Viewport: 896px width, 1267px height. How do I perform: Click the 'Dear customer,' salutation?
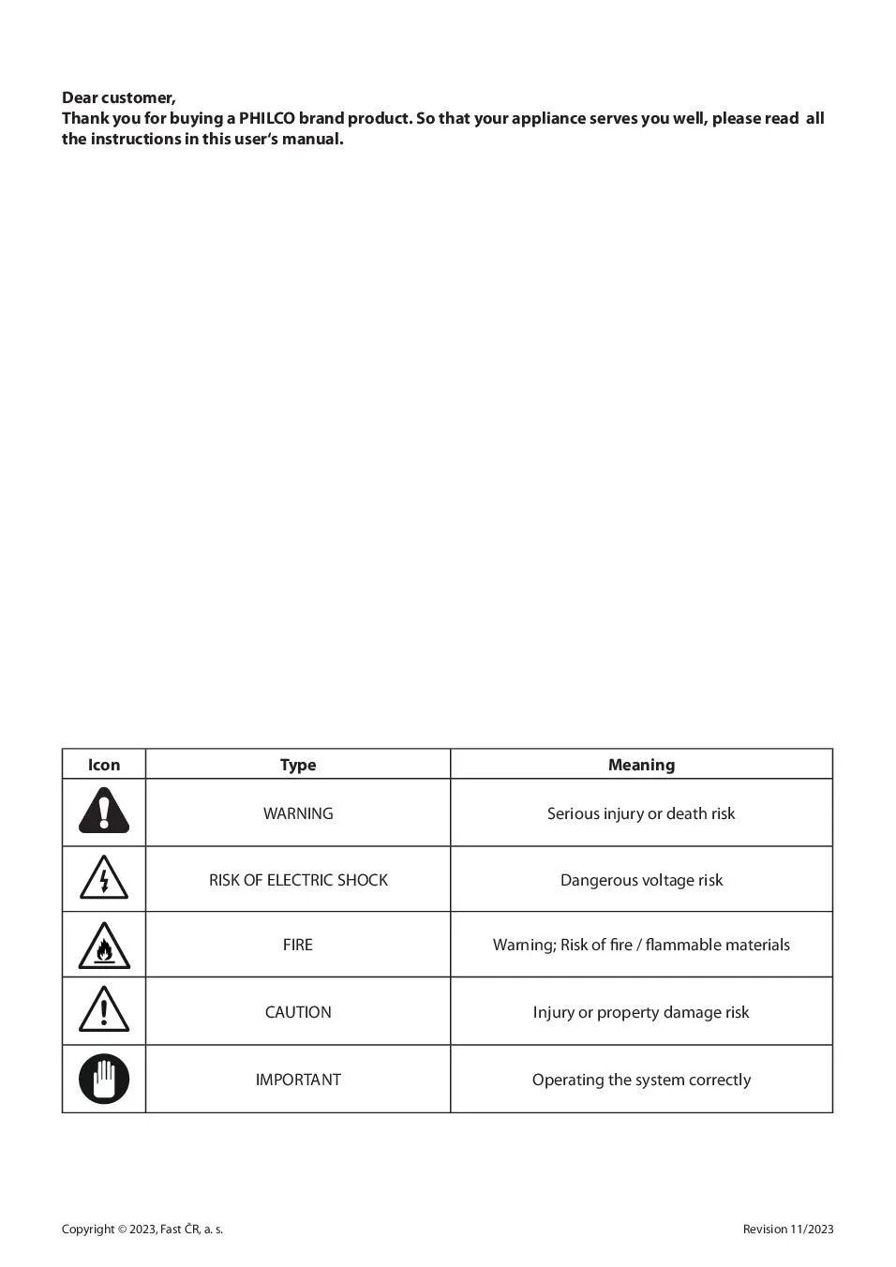(118, 97)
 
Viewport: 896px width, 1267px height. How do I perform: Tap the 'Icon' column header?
(104, 765)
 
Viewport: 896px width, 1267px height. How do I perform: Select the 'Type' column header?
(298, 765)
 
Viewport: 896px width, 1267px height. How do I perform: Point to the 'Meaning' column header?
(641, 765)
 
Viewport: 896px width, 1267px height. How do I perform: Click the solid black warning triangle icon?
(104, 812)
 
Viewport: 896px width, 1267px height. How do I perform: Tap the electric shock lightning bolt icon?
(104, 879)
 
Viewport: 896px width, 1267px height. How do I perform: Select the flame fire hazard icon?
(104, 946)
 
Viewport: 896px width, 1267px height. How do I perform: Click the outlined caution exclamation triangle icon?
(104, 1010)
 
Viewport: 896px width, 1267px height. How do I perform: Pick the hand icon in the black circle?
(104, 1079)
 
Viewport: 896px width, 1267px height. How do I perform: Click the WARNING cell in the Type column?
(298, 813)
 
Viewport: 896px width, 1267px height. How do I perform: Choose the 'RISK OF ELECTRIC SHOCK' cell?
(298, 880)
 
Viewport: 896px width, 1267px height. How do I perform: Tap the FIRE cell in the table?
(298, 945)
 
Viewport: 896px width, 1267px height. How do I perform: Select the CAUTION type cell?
(298, 1012)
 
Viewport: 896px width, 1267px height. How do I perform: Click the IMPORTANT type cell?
(298, 1080)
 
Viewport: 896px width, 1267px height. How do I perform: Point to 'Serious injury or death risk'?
(641, 813)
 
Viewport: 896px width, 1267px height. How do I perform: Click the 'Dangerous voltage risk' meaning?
(641, 880)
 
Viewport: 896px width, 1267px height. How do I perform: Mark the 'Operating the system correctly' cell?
(641, 1080)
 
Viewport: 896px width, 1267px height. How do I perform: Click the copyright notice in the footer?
(142, 1230)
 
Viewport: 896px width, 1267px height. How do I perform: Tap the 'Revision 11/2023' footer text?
(787, 1230)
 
